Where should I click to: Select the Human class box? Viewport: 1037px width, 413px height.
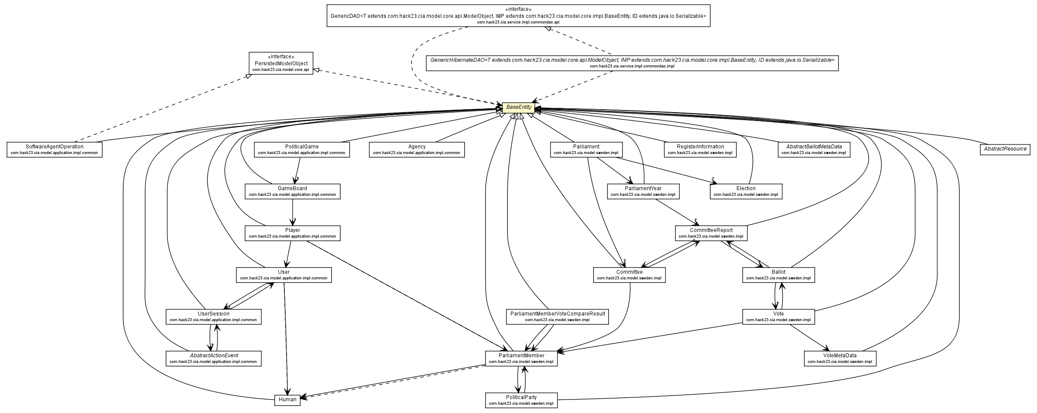pos(287,400)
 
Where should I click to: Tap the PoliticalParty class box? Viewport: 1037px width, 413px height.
pos(521,400)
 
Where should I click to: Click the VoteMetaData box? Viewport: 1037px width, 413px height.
pos(840,358)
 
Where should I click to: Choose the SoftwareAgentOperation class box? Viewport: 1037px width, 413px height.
pos(54,149)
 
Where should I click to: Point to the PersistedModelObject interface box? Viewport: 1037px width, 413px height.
pos(281,63)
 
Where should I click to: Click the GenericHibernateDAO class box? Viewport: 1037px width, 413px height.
pos(632,63)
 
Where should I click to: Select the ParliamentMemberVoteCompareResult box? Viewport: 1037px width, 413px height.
pos(557,316)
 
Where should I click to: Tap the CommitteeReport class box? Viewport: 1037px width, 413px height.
pos(711,233)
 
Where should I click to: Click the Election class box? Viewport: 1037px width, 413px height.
pos(746,191)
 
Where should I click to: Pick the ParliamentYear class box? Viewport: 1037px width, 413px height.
pos(643,191)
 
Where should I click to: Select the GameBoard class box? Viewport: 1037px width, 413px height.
pos(292,191)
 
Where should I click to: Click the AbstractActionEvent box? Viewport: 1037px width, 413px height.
pos(213,358)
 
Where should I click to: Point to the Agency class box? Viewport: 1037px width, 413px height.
pos(417,149)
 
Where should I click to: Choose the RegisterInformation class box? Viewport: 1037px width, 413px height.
pos(700,149)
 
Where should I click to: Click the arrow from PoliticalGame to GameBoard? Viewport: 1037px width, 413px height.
pos(298,170)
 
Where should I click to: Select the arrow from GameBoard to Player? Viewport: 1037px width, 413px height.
pos(293,212)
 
